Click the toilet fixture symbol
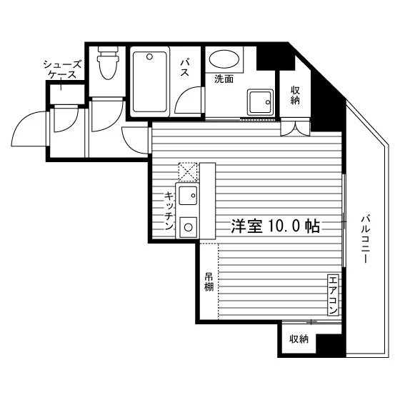[108, 63]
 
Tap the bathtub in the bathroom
[150, 81]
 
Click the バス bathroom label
[185, 67]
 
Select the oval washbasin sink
[224, 59]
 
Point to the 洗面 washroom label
[224, 79]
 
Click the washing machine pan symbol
[260, 102]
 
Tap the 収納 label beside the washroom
[295, 95]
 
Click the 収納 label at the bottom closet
[299, 339]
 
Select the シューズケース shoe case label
[63, 69]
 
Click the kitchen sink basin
[188, 196]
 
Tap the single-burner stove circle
[189, 227]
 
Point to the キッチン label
[169, 211]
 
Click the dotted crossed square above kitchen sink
[188, 171]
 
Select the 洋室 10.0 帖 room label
[275, 226]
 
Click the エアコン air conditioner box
[333, 294]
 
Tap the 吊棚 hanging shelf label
[209, 282]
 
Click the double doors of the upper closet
[295, 129]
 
